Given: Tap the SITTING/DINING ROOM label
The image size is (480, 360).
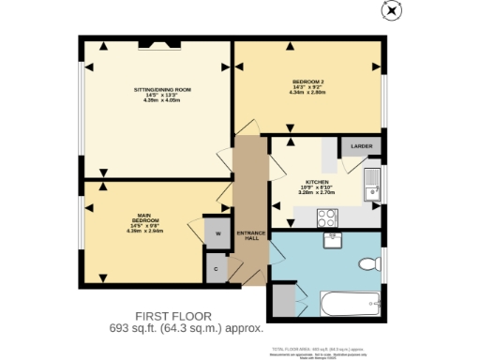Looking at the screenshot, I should pyautogui.click(x=162, y=89).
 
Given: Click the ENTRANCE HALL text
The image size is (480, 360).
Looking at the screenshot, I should pyautogui.click(x=247, y=234).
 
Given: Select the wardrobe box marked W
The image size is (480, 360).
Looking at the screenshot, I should pyautogui.click(x=217, y=233).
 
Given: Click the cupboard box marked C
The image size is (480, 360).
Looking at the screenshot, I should pyautogui.click(x=217, y=269).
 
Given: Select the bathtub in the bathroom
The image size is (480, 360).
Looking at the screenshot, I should pyautogui.click(x=351, y=303).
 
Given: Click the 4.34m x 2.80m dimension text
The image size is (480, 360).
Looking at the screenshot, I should pyautogui.click(x=307, y=93).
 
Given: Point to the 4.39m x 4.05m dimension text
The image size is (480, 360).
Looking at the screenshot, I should pyautogui.click(x=162, y=100).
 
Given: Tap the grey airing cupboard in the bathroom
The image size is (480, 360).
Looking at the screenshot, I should pyautogui.click(x=283, y=302).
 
